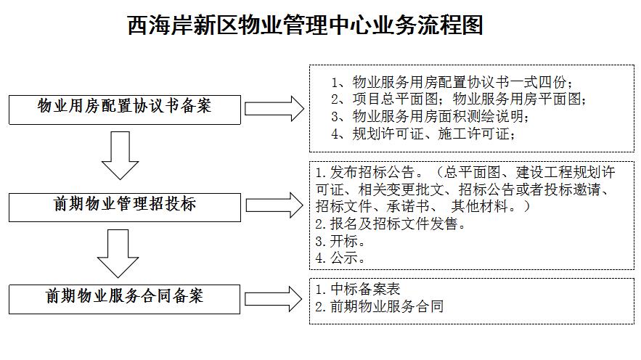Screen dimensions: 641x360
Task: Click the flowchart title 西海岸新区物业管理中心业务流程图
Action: click(306, 25)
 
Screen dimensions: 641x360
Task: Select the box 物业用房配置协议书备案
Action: click(125, 110)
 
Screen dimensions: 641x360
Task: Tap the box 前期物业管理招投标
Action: click(125, 207)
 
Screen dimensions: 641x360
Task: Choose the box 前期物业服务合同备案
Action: click(124, 299)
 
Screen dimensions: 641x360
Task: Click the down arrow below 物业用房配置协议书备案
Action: click(121, 155)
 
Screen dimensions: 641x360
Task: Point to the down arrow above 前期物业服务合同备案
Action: click(118, 253)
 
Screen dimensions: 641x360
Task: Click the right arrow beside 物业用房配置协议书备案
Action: click(274, 109)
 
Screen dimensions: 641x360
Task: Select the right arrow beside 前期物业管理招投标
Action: click(274, 205)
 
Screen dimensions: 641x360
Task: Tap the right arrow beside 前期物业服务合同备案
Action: click(274, 299)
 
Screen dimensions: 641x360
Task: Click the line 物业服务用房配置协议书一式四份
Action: click(452, 82)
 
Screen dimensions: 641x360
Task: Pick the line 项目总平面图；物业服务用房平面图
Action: click(458, 99)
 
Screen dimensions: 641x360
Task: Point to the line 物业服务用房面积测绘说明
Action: click(430, 116)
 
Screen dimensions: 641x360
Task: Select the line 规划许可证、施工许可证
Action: click(422, 134)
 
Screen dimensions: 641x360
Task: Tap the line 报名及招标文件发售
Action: click(391, 224)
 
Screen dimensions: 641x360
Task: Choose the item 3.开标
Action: click(340, 241)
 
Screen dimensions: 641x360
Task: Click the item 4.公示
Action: click(340, 258)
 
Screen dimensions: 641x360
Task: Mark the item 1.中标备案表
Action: click(358, 289)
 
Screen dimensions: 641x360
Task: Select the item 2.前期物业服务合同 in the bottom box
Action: click(380, 306)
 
